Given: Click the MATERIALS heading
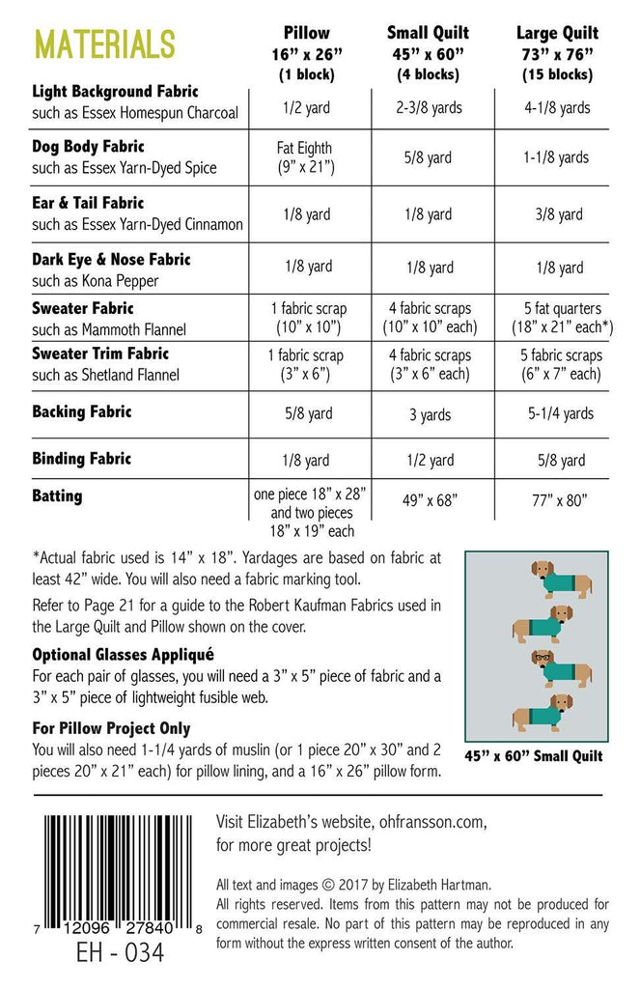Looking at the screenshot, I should [x=104, y=43].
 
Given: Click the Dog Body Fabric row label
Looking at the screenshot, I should [x=89, y=147].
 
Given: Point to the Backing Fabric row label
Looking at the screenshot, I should [x=82, y=411].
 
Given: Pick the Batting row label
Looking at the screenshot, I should [x=58, y=495].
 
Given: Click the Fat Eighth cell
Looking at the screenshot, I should [x=305, y=157].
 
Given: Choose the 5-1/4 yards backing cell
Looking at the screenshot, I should [x=560, y=413].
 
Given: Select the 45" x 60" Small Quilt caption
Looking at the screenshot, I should [x=533, y=755].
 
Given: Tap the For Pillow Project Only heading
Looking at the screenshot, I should [x=111, y=728].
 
